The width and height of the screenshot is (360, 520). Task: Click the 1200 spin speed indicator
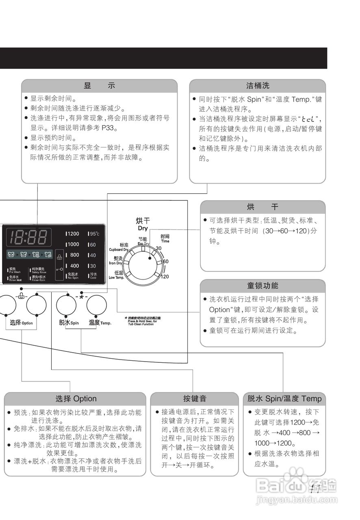[x=73, y=234]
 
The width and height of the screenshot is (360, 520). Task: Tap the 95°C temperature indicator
[x=94, y=234]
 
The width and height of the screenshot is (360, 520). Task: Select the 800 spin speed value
[x=74, y=255]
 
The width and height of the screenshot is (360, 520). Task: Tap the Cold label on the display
[x=93, y=276]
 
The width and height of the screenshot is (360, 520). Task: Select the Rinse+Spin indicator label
[x=39, y=279]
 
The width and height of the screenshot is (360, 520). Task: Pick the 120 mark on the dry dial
[x=165, y=277]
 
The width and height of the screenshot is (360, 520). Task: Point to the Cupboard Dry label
[x=119, y=247]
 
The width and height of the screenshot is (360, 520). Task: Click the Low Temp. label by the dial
[x=117, y=275]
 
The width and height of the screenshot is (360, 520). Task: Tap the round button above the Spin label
[x=67, y=305]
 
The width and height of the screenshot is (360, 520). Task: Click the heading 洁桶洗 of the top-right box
[x=258, y=86]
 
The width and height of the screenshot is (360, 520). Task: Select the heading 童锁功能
[x=262, y=286]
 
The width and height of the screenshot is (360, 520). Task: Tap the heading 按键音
[x=194, y=399]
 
